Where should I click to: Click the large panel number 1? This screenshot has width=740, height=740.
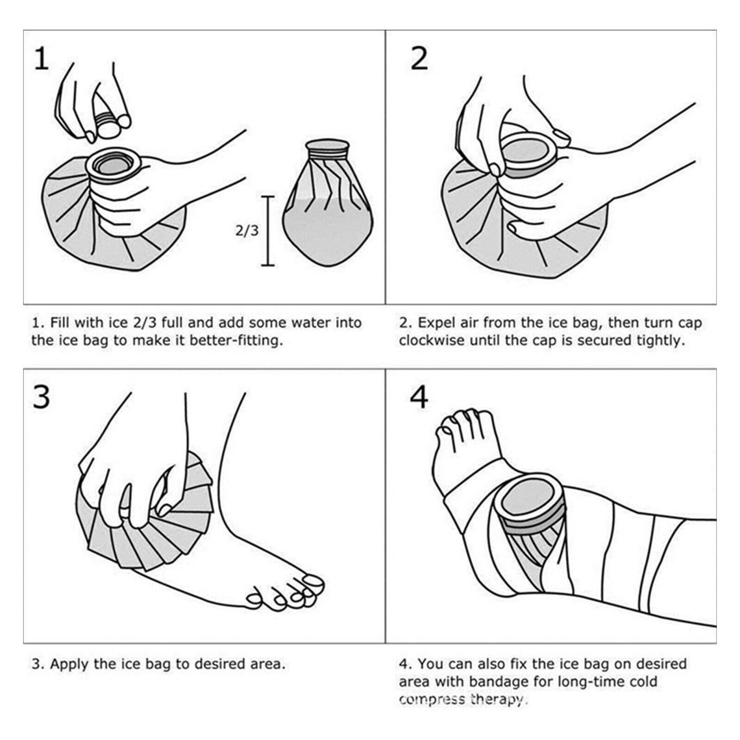[42, 59]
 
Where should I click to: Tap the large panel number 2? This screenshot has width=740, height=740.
[419, 59]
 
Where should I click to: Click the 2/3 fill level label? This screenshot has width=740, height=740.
[247, 230]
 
